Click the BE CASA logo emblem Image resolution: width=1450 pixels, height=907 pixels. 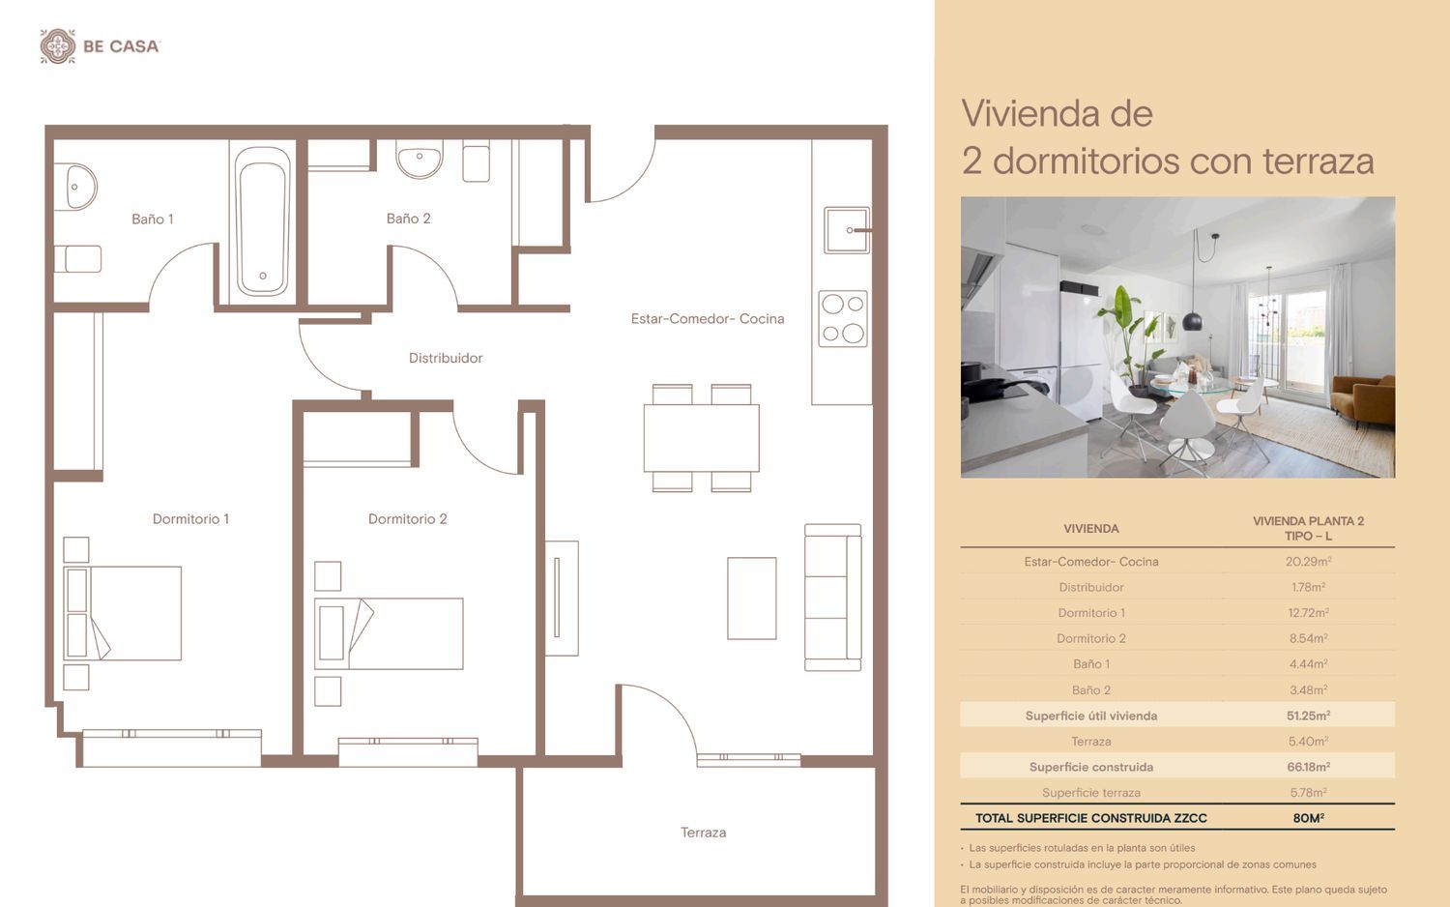(x=58, y=46)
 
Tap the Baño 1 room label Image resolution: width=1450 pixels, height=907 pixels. (x=153, y=219)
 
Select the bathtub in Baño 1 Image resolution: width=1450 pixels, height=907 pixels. (x=262, y=220)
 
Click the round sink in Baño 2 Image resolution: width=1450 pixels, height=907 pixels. (x=420, y=160)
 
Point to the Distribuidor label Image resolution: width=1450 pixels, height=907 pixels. (x=446, y=358)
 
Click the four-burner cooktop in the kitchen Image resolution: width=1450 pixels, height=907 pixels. (x=843, y=318)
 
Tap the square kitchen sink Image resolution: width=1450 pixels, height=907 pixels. (x=847, y=230)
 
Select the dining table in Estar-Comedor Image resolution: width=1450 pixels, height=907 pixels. (x=701, y=438)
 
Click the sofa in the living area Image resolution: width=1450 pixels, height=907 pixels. (x=833, y=597)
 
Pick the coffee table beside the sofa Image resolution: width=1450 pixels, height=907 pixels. (x=751, y=599)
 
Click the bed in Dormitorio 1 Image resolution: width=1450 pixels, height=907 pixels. (x=123, y=613)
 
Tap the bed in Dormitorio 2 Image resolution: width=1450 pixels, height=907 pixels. (x=389, y=633)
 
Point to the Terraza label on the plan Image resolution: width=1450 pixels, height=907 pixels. (x=703, y=833)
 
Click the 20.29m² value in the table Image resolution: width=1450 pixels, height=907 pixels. (x=1308, y=561)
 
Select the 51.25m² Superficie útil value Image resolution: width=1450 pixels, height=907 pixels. (x=1308, y=716)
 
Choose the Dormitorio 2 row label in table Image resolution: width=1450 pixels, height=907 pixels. (x=1090, y=638)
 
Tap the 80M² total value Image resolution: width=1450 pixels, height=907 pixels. (x=1308, y=818)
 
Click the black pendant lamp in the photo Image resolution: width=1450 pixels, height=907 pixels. (x=1192, y=320)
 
